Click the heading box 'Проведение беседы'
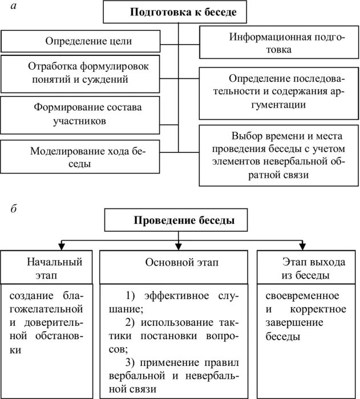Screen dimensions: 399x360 (179, 220)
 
